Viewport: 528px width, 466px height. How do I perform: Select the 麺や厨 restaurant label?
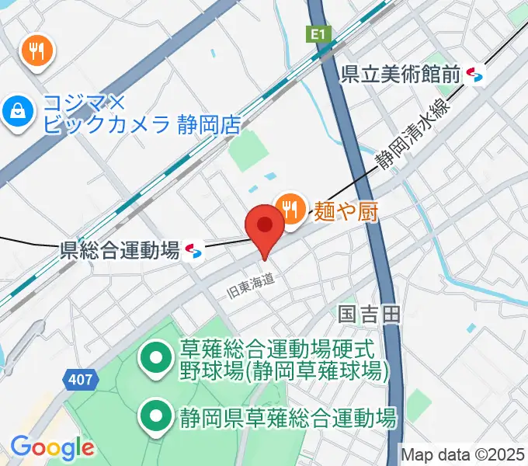(346, 210)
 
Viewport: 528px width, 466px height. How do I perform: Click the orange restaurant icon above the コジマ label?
(36, 52)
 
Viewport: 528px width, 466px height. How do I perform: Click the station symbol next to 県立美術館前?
(475, 75)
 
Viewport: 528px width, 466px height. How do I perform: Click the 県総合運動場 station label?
(120, 250)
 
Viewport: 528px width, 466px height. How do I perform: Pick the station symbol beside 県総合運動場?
(194, 250)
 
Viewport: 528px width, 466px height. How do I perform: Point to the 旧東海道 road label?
(250, 287)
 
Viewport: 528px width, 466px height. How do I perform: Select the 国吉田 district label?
(369, 314)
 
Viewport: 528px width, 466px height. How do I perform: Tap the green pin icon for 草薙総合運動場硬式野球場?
(156, 358)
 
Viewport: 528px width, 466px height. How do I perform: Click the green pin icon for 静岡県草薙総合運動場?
(156, 418)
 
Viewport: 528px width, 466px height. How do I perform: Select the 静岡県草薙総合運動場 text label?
(288, 419)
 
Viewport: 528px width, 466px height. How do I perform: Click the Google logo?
(52, 447)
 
